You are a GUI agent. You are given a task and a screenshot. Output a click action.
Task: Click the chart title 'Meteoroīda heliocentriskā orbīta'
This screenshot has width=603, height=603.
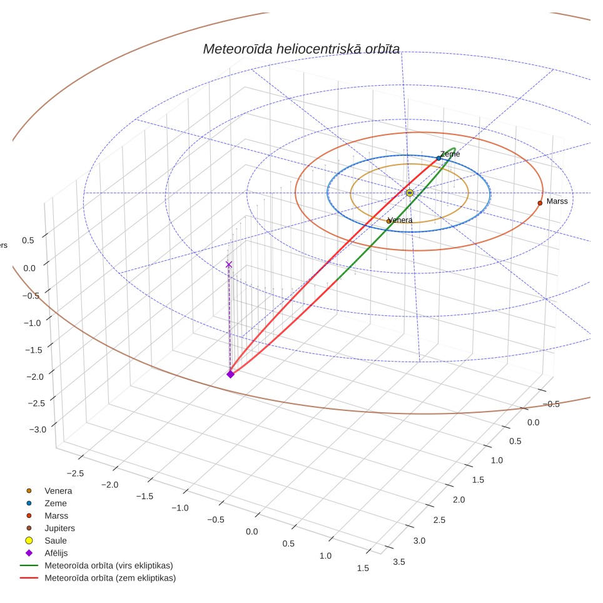point(301,49)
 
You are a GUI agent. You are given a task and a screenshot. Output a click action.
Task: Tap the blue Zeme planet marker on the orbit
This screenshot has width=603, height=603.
point(438,158)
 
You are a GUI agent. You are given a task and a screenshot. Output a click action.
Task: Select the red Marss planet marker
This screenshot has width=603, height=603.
point(540,203)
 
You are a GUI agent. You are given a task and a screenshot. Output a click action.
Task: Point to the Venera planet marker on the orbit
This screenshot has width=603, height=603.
point(389,221)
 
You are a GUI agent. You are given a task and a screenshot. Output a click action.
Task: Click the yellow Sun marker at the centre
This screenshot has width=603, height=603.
point(410,193)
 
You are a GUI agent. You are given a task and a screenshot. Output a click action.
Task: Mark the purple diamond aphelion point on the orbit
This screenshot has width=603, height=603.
point(230,374)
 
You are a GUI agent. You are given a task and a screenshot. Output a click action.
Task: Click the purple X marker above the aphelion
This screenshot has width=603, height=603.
point(229,265)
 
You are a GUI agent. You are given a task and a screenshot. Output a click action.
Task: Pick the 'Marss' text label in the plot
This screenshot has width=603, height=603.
point(557,201)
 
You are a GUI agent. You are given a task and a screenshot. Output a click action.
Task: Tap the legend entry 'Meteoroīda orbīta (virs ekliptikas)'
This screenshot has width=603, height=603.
point(96,565)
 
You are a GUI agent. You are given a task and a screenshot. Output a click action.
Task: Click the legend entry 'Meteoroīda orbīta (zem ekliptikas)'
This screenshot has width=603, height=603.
point(98,578)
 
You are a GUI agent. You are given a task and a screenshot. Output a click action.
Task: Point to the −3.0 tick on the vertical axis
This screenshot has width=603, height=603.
point(38,430)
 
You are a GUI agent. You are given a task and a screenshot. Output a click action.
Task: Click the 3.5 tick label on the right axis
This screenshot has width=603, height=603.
point(399,562)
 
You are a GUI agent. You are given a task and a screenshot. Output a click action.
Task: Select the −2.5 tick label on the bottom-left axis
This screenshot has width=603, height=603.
point(75,474)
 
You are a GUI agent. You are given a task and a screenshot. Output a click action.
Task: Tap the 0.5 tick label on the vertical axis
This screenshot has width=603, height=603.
point(28,240)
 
